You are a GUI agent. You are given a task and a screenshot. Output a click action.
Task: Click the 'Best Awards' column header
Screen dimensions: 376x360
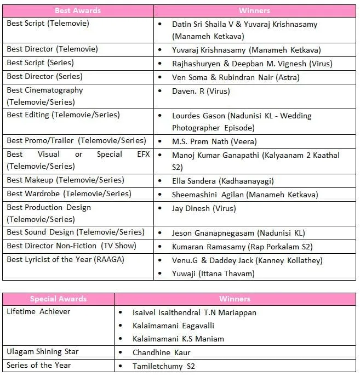77,10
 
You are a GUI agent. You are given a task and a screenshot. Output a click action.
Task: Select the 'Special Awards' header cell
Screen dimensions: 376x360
58,299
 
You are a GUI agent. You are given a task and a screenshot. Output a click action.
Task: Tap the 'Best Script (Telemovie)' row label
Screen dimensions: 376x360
48,24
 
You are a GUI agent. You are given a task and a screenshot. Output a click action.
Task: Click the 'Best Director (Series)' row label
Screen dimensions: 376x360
44,77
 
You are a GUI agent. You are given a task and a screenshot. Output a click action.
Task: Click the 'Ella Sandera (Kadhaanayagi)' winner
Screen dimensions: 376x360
222,181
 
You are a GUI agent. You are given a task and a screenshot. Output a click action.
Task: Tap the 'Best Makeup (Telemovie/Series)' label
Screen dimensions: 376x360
65,180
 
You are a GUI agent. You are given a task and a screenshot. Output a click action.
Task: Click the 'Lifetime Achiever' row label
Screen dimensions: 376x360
38,311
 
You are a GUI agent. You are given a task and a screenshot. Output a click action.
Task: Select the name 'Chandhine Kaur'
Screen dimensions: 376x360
162,352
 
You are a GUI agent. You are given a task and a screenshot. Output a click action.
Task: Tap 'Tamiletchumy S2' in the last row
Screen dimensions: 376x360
164,366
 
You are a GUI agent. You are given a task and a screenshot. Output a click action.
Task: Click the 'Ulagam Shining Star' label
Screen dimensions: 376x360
43,352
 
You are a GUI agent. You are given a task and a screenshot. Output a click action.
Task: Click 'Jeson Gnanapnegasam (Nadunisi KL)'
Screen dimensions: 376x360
243,233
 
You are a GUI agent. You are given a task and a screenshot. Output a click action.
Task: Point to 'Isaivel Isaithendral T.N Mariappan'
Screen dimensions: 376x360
195,312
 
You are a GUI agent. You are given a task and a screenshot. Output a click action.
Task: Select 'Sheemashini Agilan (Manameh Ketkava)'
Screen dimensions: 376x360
245,195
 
